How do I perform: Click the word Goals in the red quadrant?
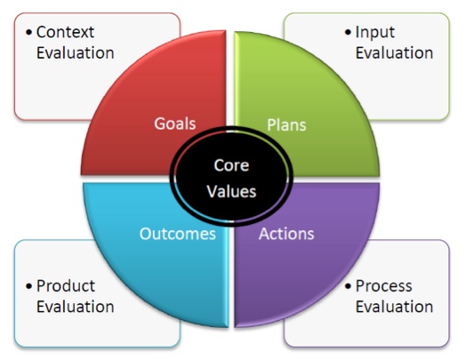tap(174, 124)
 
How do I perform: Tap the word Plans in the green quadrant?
tap(286, 124)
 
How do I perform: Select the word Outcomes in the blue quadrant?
tap(178, 234)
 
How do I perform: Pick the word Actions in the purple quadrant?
tap(286, 234)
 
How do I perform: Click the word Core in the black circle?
tap(231, 165)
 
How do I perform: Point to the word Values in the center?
tap(231, 191)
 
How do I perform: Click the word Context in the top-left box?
tap(65, 32)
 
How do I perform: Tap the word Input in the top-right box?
tap(375, 32)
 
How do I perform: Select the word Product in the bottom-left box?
tap(66, 285)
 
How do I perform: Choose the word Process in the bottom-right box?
tap(383, 285)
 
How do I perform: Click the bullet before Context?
tap(28, 32)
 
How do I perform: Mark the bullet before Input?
tap(348, 32)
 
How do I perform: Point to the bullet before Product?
tap(28, 286)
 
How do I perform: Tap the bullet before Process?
tap(348, 286)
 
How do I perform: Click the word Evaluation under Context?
tap(76, 52)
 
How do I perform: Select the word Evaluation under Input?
tap(394, 52)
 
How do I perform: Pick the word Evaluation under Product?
tap(76, 307)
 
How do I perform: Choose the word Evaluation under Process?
tap(394, 307)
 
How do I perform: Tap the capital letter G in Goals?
tap(159, 124)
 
